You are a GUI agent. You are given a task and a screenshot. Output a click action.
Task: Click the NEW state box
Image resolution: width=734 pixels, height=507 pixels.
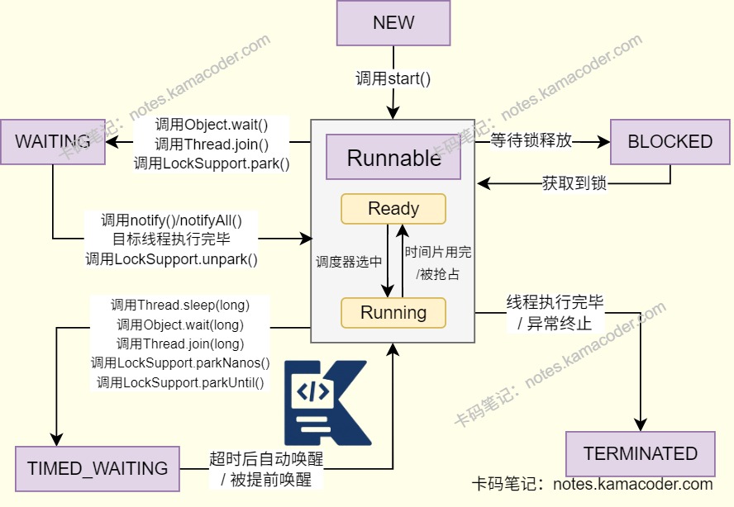[x=393, y=23]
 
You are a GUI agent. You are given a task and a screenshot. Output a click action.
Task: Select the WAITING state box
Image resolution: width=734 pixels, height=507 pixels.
[x=52, y=141]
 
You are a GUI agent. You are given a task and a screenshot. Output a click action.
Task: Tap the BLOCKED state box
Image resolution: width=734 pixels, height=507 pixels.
[x=670, y=141]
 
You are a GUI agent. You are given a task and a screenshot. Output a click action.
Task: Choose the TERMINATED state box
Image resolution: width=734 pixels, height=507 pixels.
[x=640, y=453]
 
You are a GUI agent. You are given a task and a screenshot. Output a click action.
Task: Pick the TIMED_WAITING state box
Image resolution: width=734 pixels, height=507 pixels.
[x=97, y=468]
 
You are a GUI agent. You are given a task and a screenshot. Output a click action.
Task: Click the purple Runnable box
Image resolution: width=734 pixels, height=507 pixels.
[x=393, y=158]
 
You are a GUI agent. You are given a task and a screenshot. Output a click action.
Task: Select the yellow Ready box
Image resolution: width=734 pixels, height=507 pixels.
[x=393, y=209]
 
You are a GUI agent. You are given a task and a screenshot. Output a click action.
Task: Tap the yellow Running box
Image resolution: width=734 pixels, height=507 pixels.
[x=393, y=313]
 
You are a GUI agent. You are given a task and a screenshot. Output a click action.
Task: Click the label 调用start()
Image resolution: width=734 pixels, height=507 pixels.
[x=393, y=79]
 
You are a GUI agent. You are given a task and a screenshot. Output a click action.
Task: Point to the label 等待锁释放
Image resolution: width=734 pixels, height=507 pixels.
[x=531, y=140]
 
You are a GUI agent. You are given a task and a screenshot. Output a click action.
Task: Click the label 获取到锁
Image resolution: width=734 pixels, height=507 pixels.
[x=574, y=182]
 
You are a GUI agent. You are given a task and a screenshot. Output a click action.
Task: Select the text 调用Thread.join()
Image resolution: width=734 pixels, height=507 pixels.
[x=212, y=145]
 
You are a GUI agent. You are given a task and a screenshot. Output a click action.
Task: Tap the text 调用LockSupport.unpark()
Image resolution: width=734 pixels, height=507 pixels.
[x=171, y=259]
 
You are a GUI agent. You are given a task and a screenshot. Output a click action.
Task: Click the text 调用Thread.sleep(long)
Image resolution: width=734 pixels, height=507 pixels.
[x=180, y=305]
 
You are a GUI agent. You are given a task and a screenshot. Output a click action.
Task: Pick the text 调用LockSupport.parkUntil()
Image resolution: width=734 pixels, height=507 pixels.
[x=180, y=382]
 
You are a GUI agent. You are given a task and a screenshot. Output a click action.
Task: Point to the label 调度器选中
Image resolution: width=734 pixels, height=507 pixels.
[x=349, y=262]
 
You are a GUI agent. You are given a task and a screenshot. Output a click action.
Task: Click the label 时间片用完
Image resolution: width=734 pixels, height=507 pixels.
[x=437, y=252]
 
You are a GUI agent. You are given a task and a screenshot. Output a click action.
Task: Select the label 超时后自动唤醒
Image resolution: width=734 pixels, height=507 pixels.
[x=266, y=459]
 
